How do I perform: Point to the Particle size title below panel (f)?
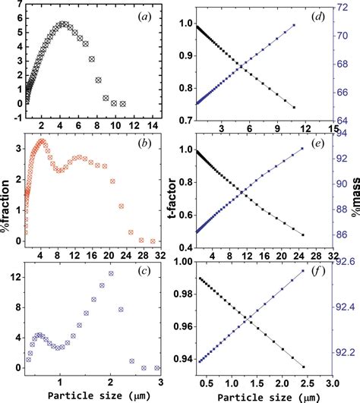(x=262, y=395)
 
